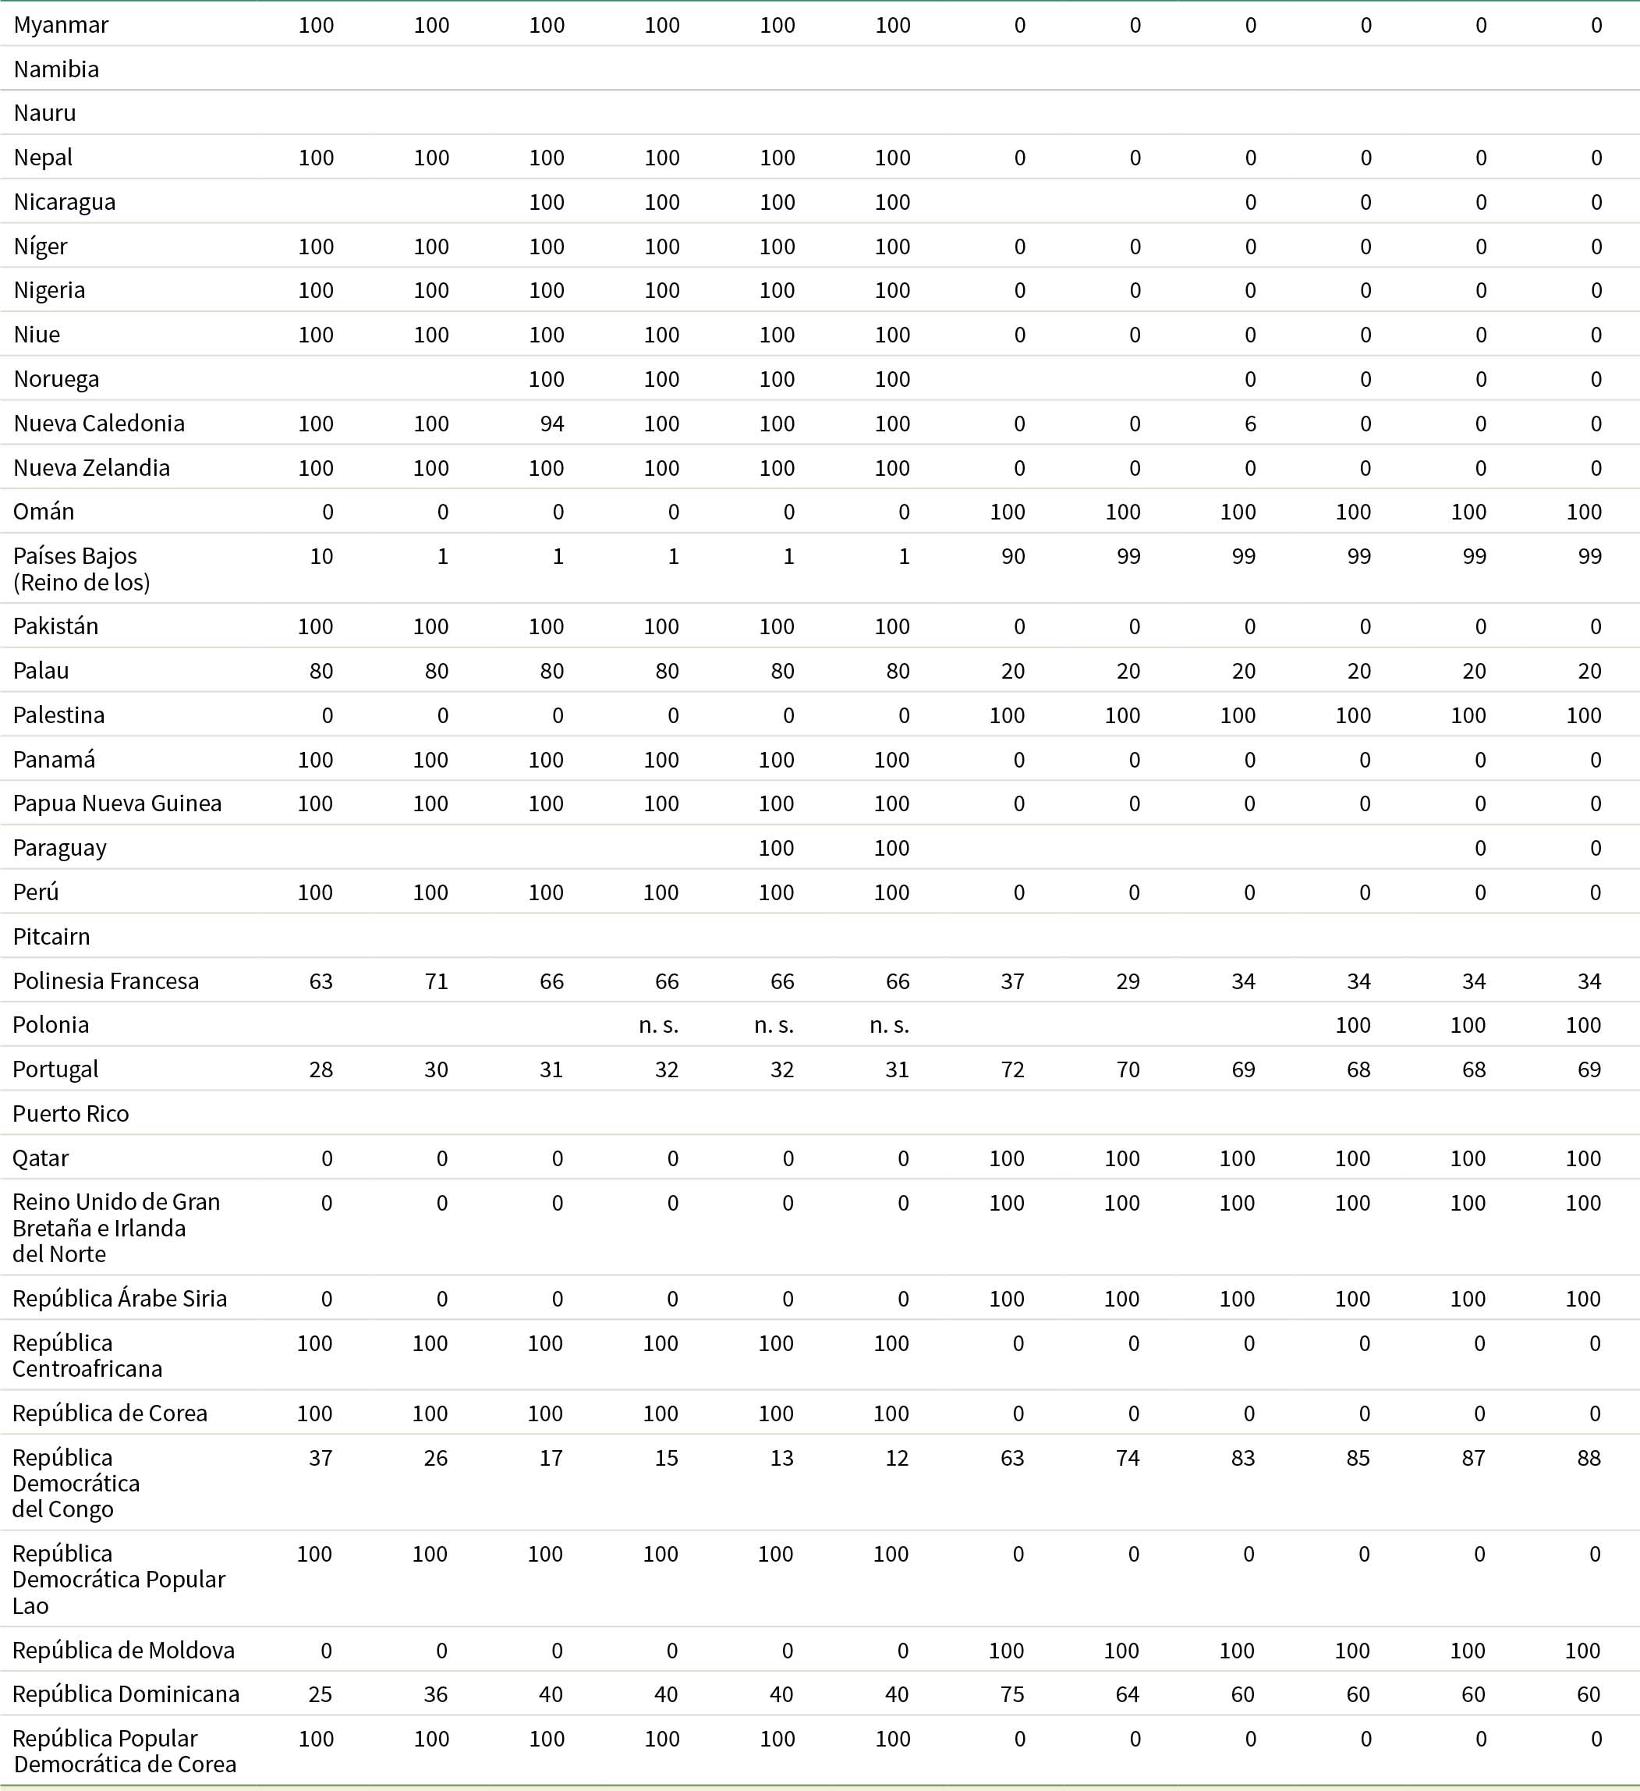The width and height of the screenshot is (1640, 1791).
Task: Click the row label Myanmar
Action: point(60,25)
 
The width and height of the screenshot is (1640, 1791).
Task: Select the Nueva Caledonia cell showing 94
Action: point(551,424)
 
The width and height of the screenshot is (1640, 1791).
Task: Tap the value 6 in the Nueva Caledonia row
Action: point(1249,424)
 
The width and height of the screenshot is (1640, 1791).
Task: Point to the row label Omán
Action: point(44,512)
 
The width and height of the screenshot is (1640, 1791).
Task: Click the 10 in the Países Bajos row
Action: point(321,556)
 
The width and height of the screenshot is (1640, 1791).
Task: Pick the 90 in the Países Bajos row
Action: point(1012,556)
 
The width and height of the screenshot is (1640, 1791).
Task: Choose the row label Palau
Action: point(41,671)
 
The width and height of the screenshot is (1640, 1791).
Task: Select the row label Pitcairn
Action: point(51,936)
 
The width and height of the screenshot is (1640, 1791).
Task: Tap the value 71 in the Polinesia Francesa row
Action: point(436,981)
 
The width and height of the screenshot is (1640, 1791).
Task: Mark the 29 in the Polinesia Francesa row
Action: point(1128,981)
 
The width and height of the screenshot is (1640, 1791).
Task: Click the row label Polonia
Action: point(51,1024)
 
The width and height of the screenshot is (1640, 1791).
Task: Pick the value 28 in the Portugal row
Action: point(321,1069)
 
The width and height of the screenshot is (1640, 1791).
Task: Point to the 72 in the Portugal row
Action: point(1012,1069)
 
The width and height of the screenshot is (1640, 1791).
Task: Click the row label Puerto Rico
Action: point(70,1113)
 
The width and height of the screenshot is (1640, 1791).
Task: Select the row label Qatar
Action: point(40,1158)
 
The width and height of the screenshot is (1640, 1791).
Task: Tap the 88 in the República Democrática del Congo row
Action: point(1589,1458)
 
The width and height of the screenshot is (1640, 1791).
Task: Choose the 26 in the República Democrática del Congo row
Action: point(435,1458)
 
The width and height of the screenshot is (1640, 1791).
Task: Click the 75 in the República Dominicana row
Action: point(1012,1694)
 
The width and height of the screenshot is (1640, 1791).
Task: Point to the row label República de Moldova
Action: point(123,1650)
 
